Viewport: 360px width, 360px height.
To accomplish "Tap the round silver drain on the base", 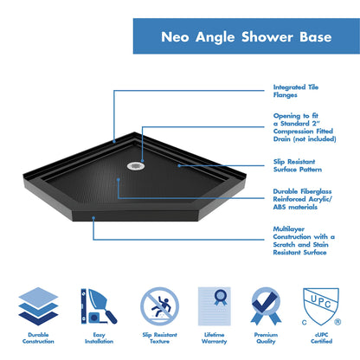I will (134, 165).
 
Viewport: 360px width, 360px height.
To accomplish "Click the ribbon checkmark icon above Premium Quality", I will (267, 305).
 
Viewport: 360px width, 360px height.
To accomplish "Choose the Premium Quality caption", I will (267, 337).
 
